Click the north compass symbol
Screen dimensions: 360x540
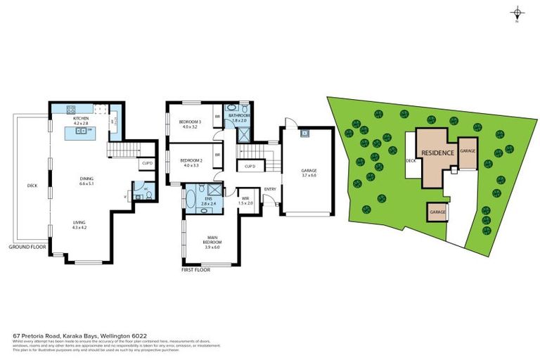[517, 13]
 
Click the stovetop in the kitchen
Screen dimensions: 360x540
[71, 110]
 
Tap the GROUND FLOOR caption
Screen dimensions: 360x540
[27, 247]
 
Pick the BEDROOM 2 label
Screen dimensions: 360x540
[191, 160]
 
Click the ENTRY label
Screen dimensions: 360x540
[269, 189]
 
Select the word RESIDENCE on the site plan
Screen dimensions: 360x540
[436, 153]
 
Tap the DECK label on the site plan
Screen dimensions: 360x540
[411, 160]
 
